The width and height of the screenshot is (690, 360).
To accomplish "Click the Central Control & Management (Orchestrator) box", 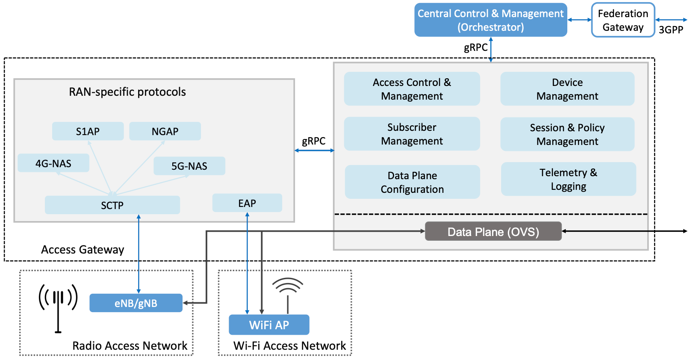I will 490,20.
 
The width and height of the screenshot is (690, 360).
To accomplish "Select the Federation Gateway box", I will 623,20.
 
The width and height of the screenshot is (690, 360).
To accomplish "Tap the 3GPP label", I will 671,30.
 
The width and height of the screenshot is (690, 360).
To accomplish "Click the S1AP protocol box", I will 88,131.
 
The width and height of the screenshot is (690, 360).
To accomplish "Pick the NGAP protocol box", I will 165,131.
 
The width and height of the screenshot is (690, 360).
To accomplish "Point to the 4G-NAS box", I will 53,163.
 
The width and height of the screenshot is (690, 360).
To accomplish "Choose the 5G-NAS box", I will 189,166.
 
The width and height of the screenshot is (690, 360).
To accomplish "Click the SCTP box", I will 112,205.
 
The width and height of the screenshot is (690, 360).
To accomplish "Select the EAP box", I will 247,203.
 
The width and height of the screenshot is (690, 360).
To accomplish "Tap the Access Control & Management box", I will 412,89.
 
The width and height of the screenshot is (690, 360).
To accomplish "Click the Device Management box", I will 567,89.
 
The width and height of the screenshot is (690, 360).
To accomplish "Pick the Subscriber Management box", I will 412,134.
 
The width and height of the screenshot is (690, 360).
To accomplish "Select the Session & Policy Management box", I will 567,134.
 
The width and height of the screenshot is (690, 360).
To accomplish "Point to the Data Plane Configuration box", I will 412,182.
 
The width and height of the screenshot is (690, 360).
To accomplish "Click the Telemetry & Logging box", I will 568,179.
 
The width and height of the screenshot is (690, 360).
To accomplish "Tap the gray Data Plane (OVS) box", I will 493,231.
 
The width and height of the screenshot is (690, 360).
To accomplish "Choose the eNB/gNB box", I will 136,303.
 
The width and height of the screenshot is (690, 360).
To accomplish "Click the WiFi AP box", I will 269,325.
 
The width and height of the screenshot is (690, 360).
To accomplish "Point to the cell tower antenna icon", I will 58,306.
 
